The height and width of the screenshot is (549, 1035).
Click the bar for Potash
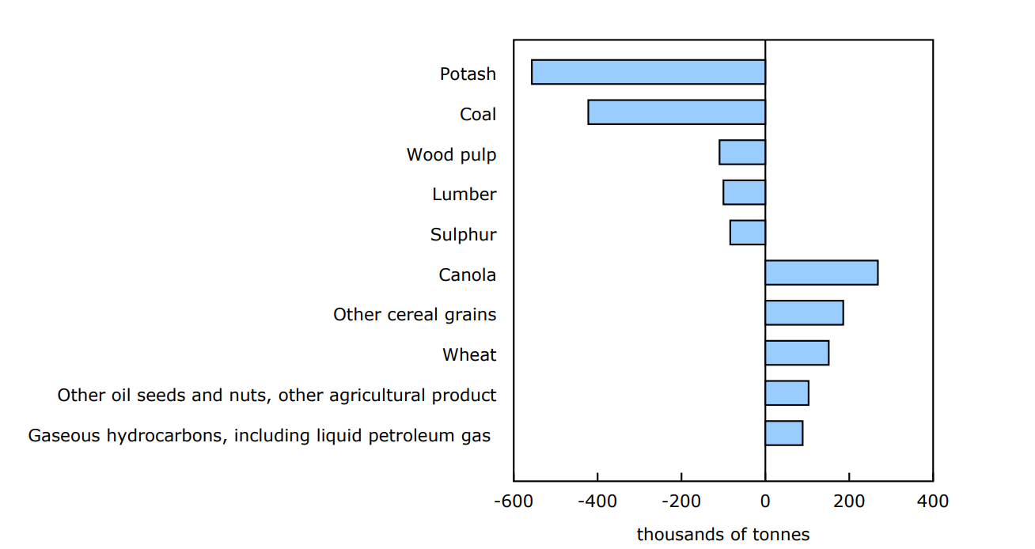click(x=648, y=72)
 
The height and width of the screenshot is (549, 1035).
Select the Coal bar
click(x=677, y=112)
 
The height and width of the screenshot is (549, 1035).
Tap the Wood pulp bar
click(x=742, y=153)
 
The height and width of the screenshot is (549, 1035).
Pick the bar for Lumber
click(x=744, y=192)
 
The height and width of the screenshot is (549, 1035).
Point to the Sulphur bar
click(x=748, y=233)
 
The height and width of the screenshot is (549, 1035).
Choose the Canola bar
click(x=821, y=273)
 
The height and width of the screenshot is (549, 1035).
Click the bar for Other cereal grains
click(x=804, y=312)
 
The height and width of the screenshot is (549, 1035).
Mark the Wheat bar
click(x=797, y=353)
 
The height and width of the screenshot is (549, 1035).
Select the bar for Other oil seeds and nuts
click(x=787, y=393)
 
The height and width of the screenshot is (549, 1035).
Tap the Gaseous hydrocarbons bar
click(x=783, y=434)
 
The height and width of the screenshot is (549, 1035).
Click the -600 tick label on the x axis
click(x=513, y=502)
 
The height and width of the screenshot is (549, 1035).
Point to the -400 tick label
click(x=597, y=502)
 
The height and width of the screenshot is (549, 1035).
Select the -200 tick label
click(x=681, y=502)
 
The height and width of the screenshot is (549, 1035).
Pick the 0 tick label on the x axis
click(x=765, y=502)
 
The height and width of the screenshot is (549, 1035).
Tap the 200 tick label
click(x=849, y=502)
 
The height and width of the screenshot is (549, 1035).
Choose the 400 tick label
click(x=933, y=502)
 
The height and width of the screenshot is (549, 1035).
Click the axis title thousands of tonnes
click(x=723, y=535)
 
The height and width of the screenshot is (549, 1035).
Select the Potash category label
click(x=468, y=74)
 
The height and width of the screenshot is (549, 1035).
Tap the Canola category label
click(x=468, y=275)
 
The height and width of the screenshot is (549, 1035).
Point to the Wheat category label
click(x=469, y=355)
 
